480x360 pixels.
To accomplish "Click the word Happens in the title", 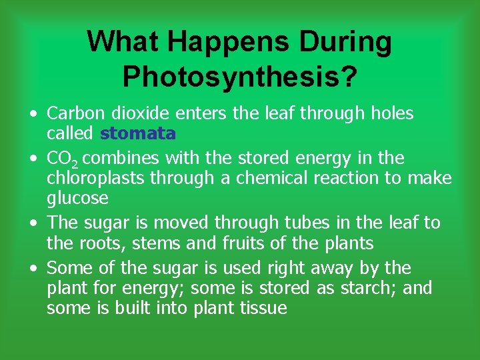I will click(x=220, y=42).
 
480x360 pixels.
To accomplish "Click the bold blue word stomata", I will click(x=138, y=133).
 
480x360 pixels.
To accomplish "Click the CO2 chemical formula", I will click(x=62, y=159).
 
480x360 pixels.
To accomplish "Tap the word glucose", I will click(x=77, y=199).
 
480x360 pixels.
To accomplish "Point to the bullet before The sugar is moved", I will click(x=33, y=223).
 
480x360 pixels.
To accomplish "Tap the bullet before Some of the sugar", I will click(x=33, y=269).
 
